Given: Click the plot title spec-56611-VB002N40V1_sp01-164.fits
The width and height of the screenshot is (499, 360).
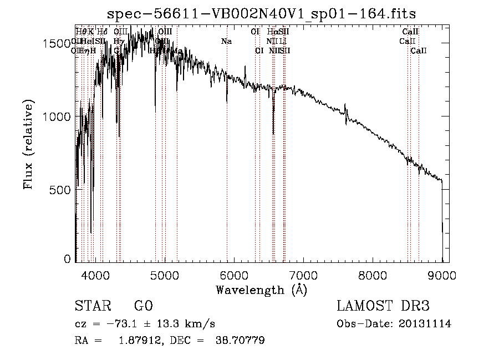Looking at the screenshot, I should [x=261, y=13].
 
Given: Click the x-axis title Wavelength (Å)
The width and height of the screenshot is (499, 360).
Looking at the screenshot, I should [x=261, y=290].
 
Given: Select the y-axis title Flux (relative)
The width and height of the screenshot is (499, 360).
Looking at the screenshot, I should [x=28, y=145].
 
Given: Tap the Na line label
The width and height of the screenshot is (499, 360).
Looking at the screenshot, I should [x=226, y=42].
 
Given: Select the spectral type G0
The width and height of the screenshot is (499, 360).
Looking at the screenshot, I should [x=143, y=306].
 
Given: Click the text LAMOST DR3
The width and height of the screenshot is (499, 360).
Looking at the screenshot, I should [x=383, y=306].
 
